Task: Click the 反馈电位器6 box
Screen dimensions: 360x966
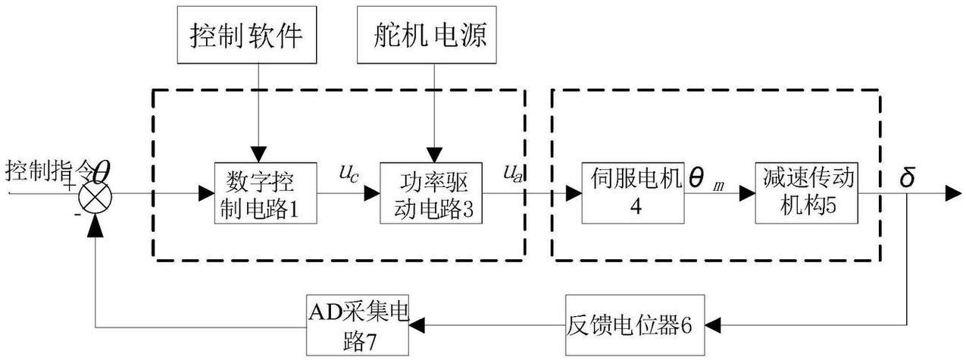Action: pyautogui.click(x=629, y=326)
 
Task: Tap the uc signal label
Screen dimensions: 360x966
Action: pyautogui.click(x=349, y=174)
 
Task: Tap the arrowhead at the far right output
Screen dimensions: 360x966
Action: pyautogui.click(x=954, y=195)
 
